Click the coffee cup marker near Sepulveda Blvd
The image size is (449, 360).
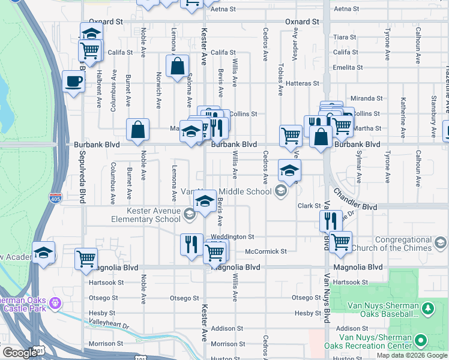[73, 81]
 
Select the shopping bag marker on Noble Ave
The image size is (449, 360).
[137, 130]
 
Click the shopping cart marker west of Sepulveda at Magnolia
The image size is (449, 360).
[86, 258]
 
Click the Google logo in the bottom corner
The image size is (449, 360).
[20, 353]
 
